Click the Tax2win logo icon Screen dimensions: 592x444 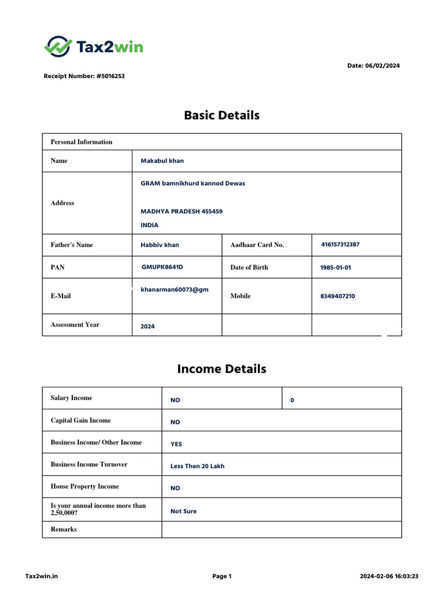click(58, 46)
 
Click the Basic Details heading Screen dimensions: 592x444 click(221, 115)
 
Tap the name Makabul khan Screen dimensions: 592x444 click(162, 161)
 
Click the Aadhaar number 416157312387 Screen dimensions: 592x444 click(340, 245)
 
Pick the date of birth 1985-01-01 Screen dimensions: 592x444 click(335, 268)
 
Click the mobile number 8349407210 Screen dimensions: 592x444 click(338, 296)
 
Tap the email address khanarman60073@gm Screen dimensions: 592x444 click(174, 290)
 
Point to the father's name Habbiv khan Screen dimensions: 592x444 click(160, 245)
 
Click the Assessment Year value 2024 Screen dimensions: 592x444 click(147, 327)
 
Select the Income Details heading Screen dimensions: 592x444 click(221, 369)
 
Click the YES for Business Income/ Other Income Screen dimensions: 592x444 click(176, 445)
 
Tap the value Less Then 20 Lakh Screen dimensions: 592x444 click(197, 466)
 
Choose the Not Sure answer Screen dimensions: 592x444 click(183, 511)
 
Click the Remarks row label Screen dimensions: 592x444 click(64, 529)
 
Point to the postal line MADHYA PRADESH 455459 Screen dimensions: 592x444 click(182, 212)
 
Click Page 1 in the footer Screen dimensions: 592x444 click(221, 576)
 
